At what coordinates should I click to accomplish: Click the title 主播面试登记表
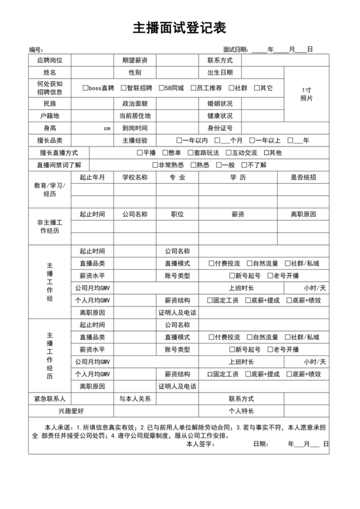[179, 28]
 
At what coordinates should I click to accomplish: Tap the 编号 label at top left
[36, 49]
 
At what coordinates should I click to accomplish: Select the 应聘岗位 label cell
[50, 60]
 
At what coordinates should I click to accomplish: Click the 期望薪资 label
[135, 60]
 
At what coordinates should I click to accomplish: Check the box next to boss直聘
[85, 88]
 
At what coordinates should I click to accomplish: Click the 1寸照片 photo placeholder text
[307, 94]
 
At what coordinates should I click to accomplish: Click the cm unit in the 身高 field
[107, 129]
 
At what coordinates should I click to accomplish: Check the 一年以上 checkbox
[251, 141]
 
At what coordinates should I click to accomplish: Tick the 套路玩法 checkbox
[190, 153]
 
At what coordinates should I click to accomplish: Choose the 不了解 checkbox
[243, 165]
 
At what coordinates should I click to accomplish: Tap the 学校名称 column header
[135, 177]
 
